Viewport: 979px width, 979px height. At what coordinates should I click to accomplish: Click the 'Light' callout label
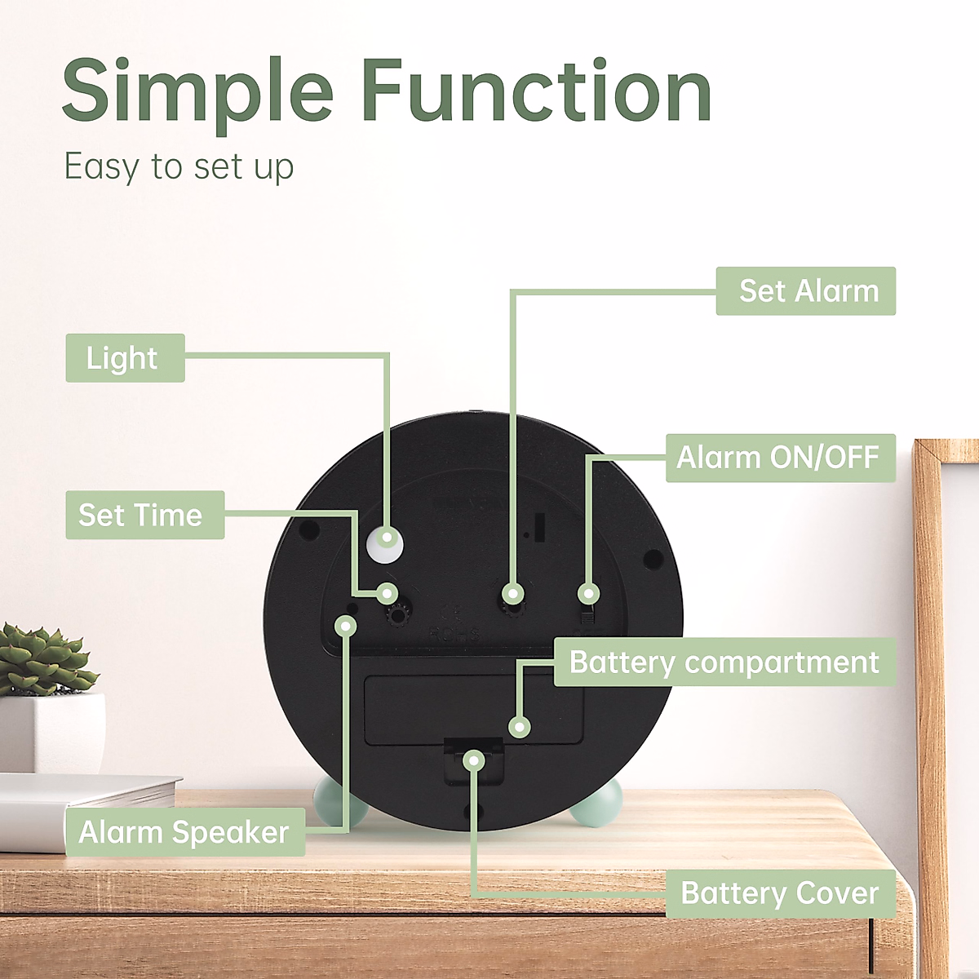point(125,357)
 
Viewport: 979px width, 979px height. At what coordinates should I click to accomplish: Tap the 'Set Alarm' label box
point(805,291)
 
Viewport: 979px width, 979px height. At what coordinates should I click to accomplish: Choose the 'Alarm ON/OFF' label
point(780,458)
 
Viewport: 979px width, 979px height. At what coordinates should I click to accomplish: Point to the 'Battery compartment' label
point(724,662)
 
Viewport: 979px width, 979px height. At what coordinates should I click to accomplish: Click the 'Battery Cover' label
point(780,893)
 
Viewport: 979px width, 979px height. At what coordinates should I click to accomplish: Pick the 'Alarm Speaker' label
point(184,832)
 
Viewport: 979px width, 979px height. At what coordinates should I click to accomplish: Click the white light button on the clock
point(384,543)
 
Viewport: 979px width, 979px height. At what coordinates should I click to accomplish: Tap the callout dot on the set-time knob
point(388,593)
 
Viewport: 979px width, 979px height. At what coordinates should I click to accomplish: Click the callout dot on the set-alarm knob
point(512,593)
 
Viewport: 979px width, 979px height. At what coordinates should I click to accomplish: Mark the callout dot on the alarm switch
point(589,593)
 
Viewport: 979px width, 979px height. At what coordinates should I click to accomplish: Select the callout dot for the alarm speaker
point(346,626)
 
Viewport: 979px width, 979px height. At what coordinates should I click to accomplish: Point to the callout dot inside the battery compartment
point(519,726)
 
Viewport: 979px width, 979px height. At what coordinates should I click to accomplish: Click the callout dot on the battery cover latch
point(473,760)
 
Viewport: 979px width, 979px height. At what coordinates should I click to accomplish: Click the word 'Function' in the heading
point(537,91)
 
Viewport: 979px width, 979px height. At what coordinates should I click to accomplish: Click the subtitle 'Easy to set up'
point(179,167)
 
